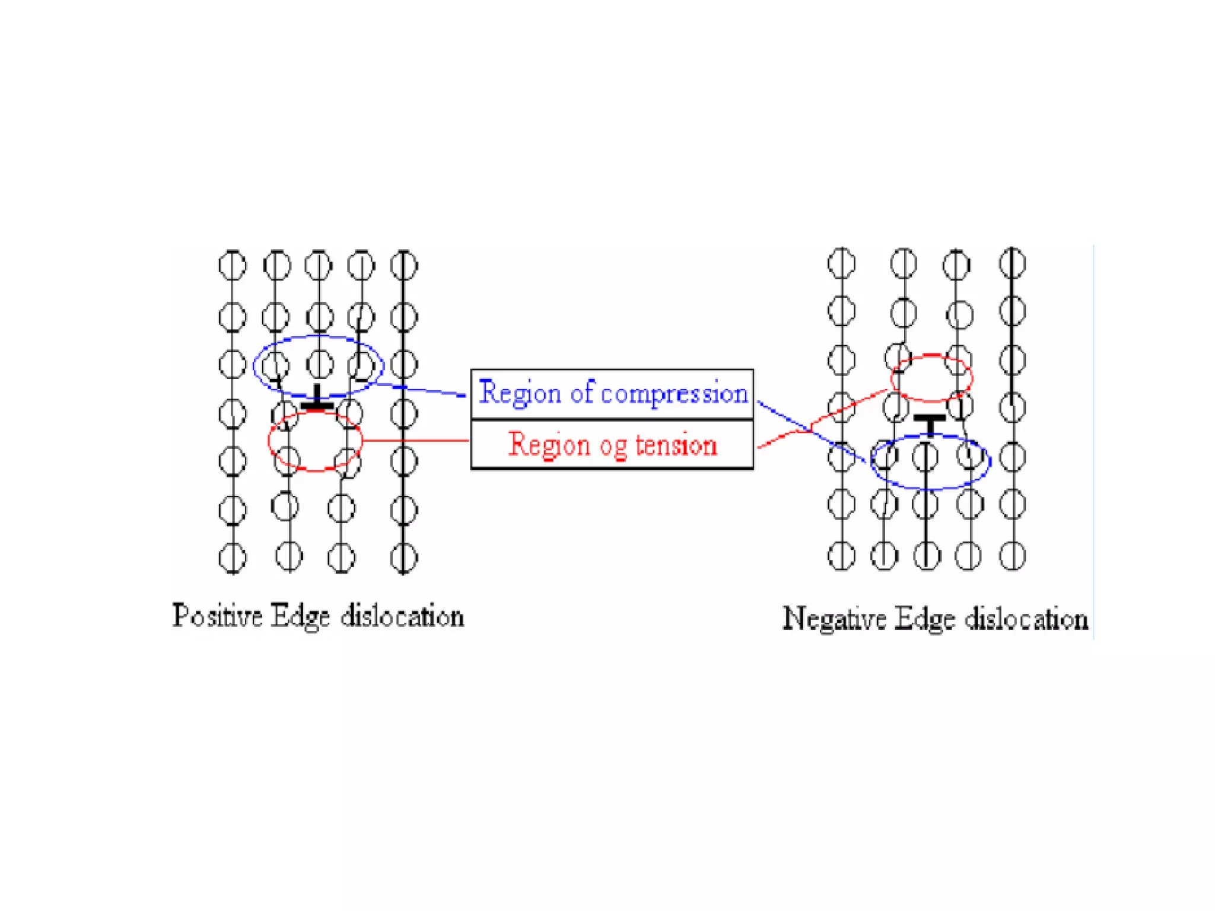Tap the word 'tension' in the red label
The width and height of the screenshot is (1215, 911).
[x=676, y=445]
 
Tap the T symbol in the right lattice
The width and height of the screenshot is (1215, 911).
[x=930, y=423]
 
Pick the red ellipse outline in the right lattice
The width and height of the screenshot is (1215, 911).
[x=932, y=356]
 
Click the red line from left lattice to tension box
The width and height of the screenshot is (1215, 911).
[x=415, y=440]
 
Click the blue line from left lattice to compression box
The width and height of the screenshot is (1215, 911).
[x=421, y=389]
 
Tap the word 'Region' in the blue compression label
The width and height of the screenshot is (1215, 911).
[x=520, y=393]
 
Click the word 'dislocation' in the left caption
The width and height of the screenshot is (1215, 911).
[x=402, y=616]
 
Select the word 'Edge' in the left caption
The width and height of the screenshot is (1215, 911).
[x=300, y=616]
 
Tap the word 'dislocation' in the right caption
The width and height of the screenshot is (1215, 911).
[x=1026, y=619]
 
